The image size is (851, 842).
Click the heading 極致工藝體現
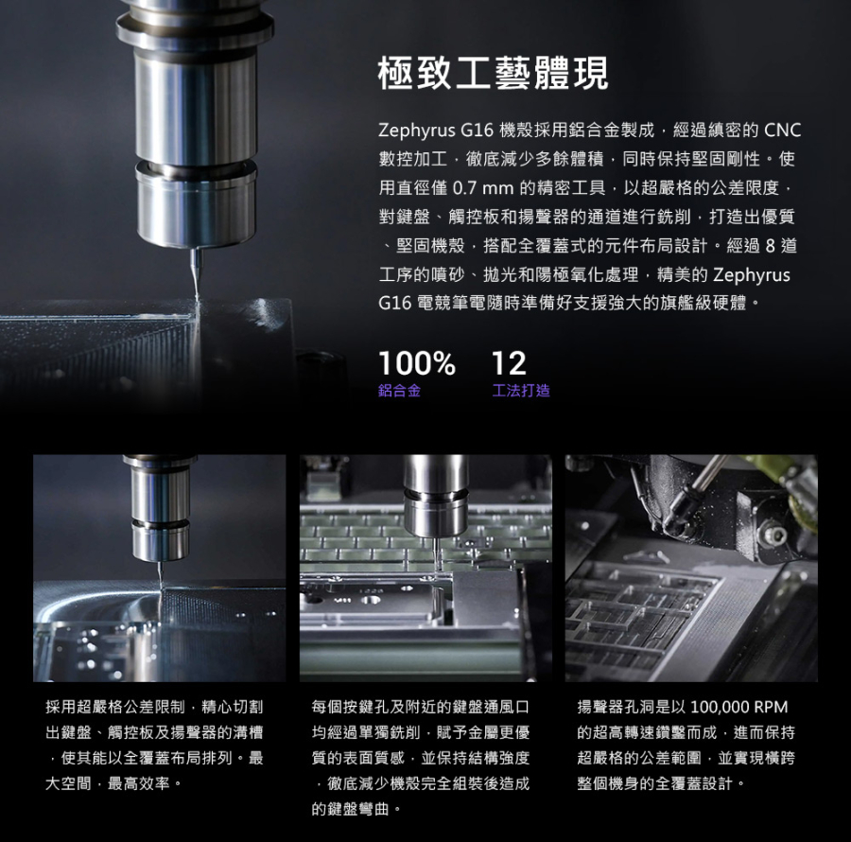[493, 73]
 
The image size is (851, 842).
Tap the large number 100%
[416, 362]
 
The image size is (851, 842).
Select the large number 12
[509, 362]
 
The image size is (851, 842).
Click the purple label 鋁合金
[399, 391]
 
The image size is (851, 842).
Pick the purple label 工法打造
[520, 391]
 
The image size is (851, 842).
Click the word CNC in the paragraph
[782, 131]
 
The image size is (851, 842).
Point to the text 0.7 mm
[483, 188]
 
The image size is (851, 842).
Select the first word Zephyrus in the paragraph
[417, 131]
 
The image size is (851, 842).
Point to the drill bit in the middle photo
[435, 553]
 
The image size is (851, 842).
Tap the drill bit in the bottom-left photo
[160, 576]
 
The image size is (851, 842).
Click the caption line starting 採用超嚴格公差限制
[154, 707]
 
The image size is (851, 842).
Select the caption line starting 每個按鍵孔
[420, 707]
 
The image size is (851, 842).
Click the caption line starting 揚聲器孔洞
[682, 707]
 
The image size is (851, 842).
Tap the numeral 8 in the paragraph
[770, 246]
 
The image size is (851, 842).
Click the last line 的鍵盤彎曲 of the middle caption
[356, 809]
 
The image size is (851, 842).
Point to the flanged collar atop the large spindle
[194, 30]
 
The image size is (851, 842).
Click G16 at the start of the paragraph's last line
[394, 303]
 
